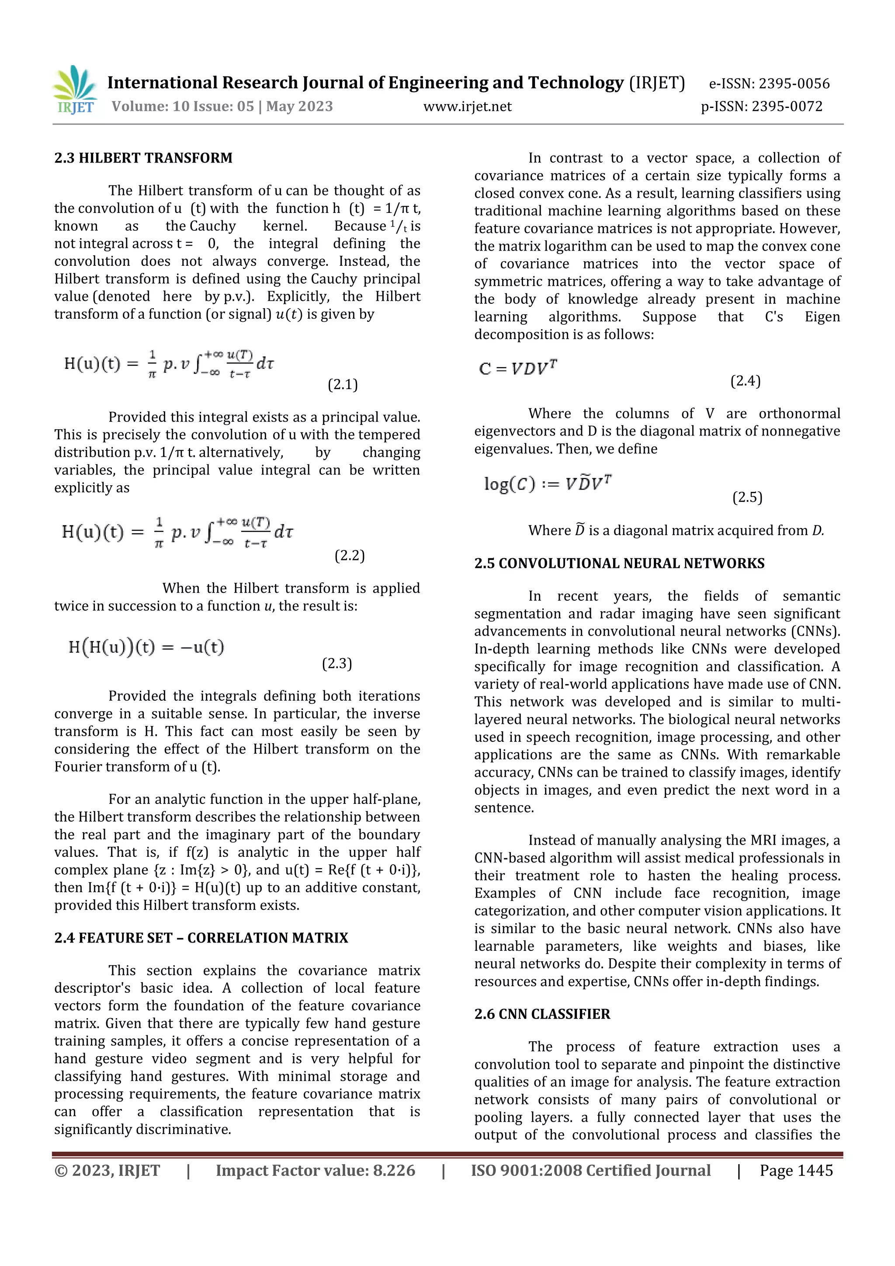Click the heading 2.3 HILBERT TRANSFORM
click(143, 158)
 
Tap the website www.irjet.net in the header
click(467, 106)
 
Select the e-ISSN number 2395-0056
click(794, 84)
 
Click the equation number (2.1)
click(343, 385)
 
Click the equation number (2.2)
click(350, 555)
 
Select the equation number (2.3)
click(337, 663)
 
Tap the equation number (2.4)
click(745, 381)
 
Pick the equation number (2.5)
click(747, 497)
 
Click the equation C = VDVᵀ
click(518, 367)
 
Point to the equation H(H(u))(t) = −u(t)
click(146, 647)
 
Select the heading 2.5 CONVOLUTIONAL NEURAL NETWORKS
click(619, 563)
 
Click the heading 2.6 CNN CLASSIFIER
click(542, 1014)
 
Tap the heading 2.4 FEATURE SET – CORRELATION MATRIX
click(201, 938)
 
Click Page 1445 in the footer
click(796, 1171)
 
